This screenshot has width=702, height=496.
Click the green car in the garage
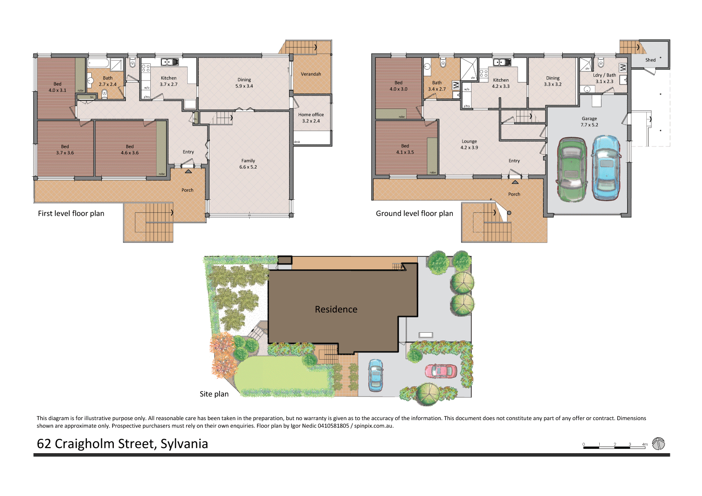click(571, 169)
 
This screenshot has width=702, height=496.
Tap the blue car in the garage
click(606, 168)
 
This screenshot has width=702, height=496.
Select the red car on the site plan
click(441, 371)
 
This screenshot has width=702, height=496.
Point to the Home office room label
click(311, 118)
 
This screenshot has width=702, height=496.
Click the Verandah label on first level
click(311, 74)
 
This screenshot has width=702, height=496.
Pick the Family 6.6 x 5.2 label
click(248, 164)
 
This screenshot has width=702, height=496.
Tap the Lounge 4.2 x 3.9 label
click(469, 145)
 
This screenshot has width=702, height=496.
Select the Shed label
click(650, 60)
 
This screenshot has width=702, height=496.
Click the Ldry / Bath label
click(604, 78)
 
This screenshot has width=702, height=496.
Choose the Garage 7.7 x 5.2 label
click(589, 121)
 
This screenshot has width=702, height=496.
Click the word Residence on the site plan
click(336, 310)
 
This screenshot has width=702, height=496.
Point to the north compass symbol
click(658, 444)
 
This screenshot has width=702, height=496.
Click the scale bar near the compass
click(615, 446)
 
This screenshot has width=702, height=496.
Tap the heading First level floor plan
click(71, 214)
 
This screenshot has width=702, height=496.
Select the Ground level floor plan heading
click(414, 214)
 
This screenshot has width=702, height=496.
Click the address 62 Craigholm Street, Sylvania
click(122, 444)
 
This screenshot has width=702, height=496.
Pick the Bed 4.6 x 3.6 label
click(130, 150)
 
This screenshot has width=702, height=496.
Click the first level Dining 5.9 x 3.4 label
click(244, 83)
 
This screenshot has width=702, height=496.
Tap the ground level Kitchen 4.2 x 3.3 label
click(500, 84)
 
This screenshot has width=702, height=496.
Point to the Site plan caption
click(214, 394)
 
